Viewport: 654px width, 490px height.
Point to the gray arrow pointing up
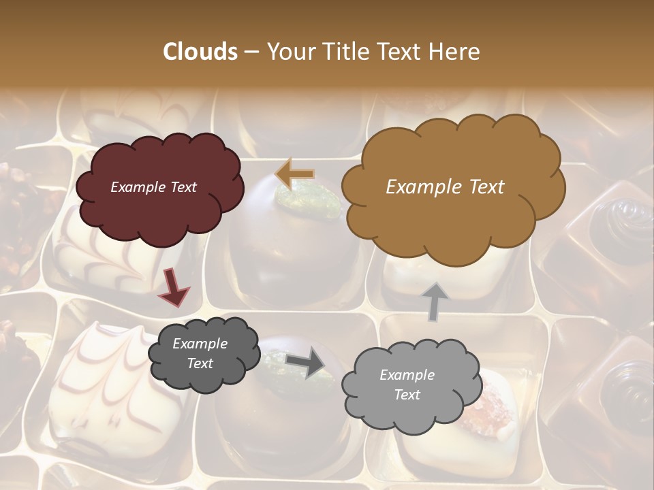435,301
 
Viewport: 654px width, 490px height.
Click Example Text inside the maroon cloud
153,187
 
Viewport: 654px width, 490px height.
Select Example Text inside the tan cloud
445,187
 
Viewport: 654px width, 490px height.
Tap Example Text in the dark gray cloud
200,354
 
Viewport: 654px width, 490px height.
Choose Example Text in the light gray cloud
407,385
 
